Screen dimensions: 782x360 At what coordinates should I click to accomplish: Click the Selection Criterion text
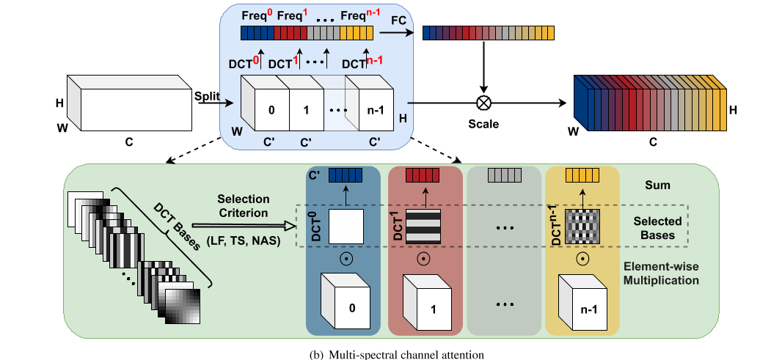[x=244, y=206]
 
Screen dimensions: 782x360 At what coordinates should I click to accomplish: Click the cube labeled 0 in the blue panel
[x=345, y=301]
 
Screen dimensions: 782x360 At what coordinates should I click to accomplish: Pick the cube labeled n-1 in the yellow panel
[x=582, y=301]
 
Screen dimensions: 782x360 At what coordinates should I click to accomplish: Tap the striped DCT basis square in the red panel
[x=423, y=227]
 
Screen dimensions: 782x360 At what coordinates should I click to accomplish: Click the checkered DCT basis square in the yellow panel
[x=582, y=227]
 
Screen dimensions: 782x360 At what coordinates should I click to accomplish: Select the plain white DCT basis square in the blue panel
[x=346, y=227]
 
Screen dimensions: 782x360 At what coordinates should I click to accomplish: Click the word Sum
[x=657, y=185]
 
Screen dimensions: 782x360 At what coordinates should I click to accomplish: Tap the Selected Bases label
[x=658, y=227]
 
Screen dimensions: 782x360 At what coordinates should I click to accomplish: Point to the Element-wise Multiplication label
[x=662, y=273]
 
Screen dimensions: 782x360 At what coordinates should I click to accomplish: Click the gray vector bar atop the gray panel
[x=504, y=175]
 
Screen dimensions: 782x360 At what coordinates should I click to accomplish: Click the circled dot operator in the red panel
[x=423, y=259]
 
